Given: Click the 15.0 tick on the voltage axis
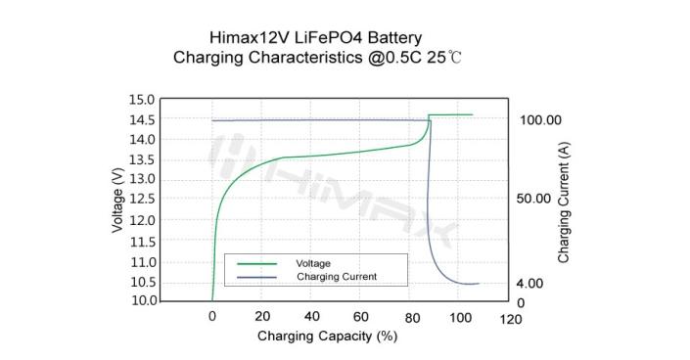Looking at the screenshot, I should tap(142, 100).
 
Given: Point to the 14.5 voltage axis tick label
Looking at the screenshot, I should tap(142, 119).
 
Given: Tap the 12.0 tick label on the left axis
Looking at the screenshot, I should tap(142, 220).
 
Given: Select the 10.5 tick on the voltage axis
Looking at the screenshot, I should tap(142, 282).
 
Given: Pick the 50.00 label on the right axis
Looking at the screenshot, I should tap(538, 198).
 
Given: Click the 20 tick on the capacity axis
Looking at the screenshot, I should tap(261, 317).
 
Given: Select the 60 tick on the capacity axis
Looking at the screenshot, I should tap(361, 317).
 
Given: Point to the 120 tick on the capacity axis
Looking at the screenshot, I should tap(510, 319).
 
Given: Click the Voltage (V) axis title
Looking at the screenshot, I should tap(118, 201).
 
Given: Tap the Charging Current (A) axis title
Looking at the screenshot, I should tap(565, 202).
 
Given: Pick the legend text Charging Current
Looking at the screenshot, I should tap(336, 277).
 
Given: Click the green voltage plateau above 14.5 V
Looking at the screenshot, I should tap(451, 114).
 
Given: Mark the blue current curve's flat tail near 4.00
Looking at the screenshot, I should tap(468, 284).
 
